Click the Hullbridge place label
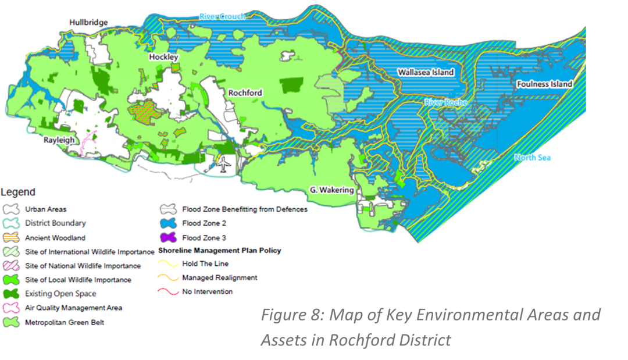88,23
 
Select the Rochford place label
245,92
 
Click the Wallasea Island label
426,73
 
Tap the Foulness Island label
544,84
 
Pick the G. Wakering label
331,190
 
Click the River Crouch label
222,16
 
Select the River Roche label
446,102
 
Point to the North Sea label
532,158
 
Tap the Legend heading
18,193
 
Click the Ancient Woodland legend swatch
11,238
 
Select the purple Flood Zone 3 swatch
168,238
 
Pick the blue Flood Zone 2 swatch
168,223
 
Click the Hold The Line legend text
205,264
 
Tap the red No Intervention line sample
168,291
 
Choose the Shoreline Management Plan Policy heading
220,251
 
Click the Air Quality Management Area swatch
11,308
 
